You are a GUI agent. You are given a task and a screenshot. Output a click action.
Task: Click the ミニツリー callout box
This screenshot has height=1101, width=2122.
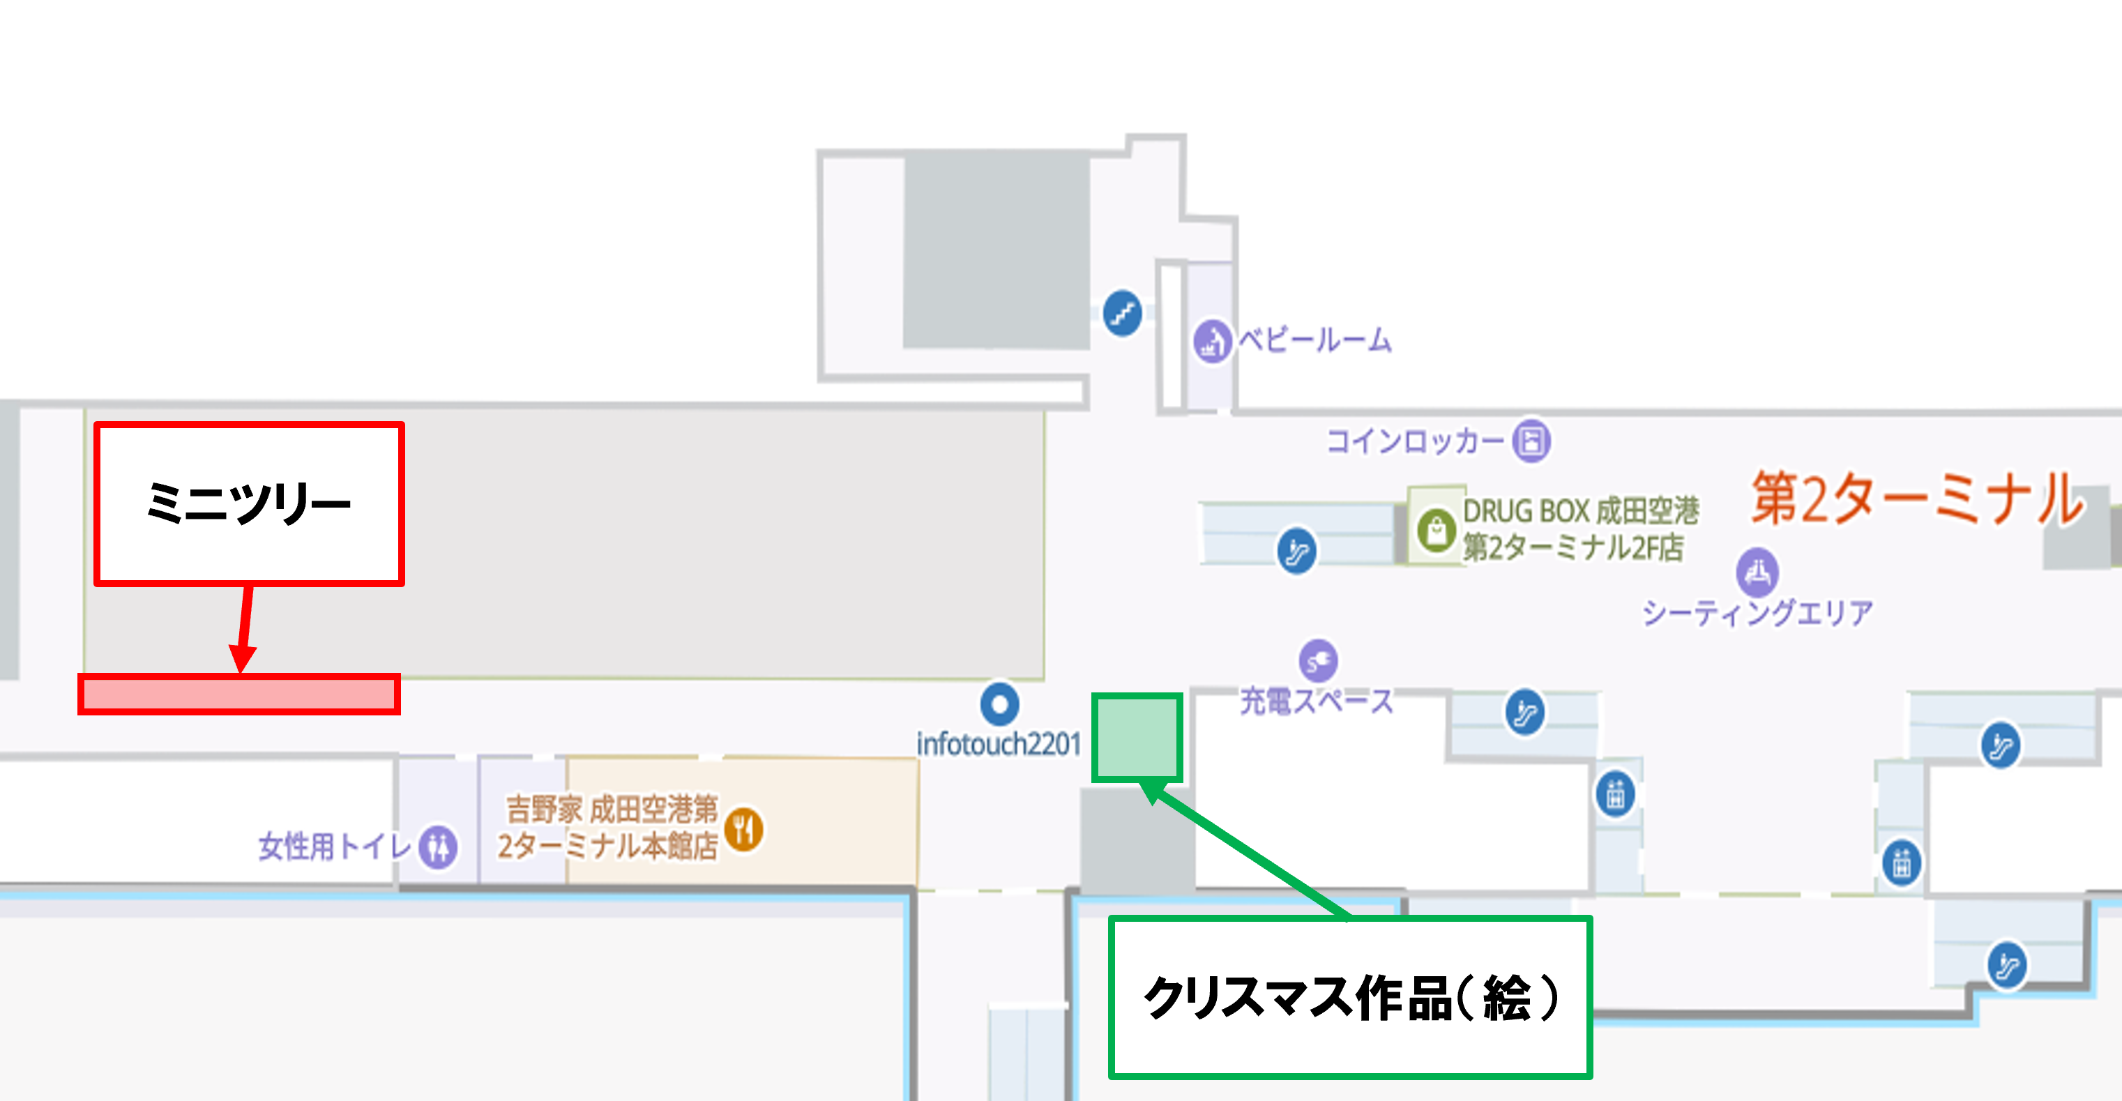pyautogui.click(x=249, y=503)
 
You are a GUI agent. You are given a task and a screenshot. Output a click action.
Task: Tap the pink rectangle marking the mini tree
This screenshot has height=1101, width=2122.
pyautogui.click(x=239, y=693)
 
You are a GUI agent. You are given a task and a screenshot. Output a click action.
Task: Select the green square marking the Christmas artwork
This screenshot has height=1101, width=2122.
pyautogui.click(x=1137, y=737)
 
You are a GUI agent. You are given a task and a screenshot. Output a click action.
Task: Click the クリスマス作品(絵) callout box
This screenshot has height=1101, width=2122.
pyautogui.click(x=1350, y=997)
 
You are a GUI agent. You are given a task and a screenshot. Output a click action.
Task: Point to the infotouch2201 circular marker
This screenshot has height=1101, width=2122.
pyautogui.click(x=999, y=704)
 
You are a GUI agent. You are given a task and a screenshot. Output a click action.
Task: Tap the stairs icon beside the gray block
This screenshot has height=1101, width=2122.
pyautogui.click(x=1122, y=313)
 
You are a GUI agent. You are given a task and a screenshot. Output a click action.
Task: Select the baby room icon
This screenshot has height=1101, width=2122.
pyautogui.click(x=1212, y=340)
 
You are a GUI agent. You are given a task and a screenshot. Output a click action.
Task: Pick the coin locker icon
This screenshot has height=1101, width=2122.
pyautogui.click(x=1531, y=441)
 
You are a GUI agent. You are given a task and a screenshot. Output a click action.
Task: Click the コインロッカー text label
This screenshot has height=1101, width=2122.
pyautogui.click(x=1415, y=441)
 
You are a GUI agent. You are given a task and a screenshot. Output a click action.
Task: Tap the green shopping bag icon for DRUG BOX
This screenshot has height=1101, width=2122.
pyautogui.click(x=1437, y=529)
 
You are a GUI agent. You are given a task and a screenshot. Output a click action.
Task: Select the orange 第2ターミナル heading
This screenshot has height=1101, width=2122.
pyautogui.click(x=1916, y=499)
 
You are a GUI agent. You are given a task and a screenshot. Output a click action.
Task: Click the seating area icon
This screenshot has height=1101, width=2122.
pyautogui.click(x=1757, y=570)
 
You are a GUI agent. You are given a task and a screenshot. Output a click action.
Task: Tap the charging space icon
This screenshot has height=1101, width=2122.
pyautogui.click(x=1318, y=660)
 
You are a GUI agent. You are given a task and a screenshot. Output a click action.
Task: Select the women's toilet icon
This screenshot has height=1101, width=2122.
pyautogui.click(x=437, y=846)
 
